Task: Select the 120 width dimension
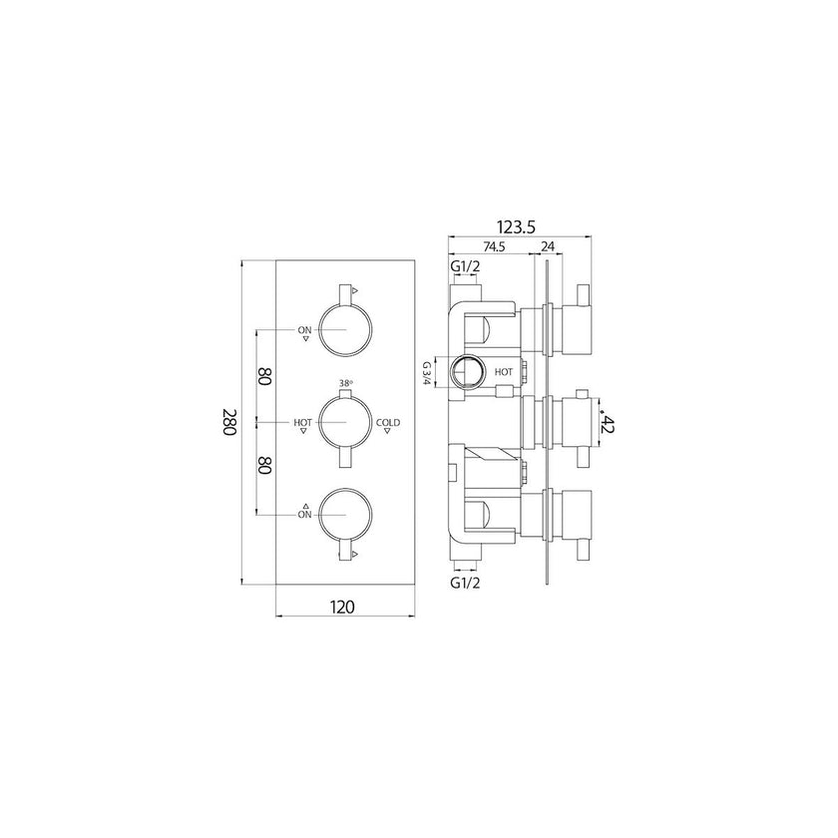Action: [343, 606]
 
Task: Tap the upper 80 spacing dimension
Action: [265, 376]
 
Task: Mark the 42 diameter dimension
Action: [608, 423]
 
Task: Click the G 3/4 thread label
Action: [426, 373]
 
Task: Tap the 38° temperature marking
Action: [346, 383]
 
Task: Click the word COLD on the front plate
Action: [388, 423]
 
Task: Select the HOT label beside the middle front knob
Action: [302, 423]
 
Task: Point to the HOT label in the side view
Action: [503, 372]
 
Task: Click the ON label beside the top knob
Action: [304, 328]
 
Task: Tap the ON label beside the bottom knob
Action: [304, 513]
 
